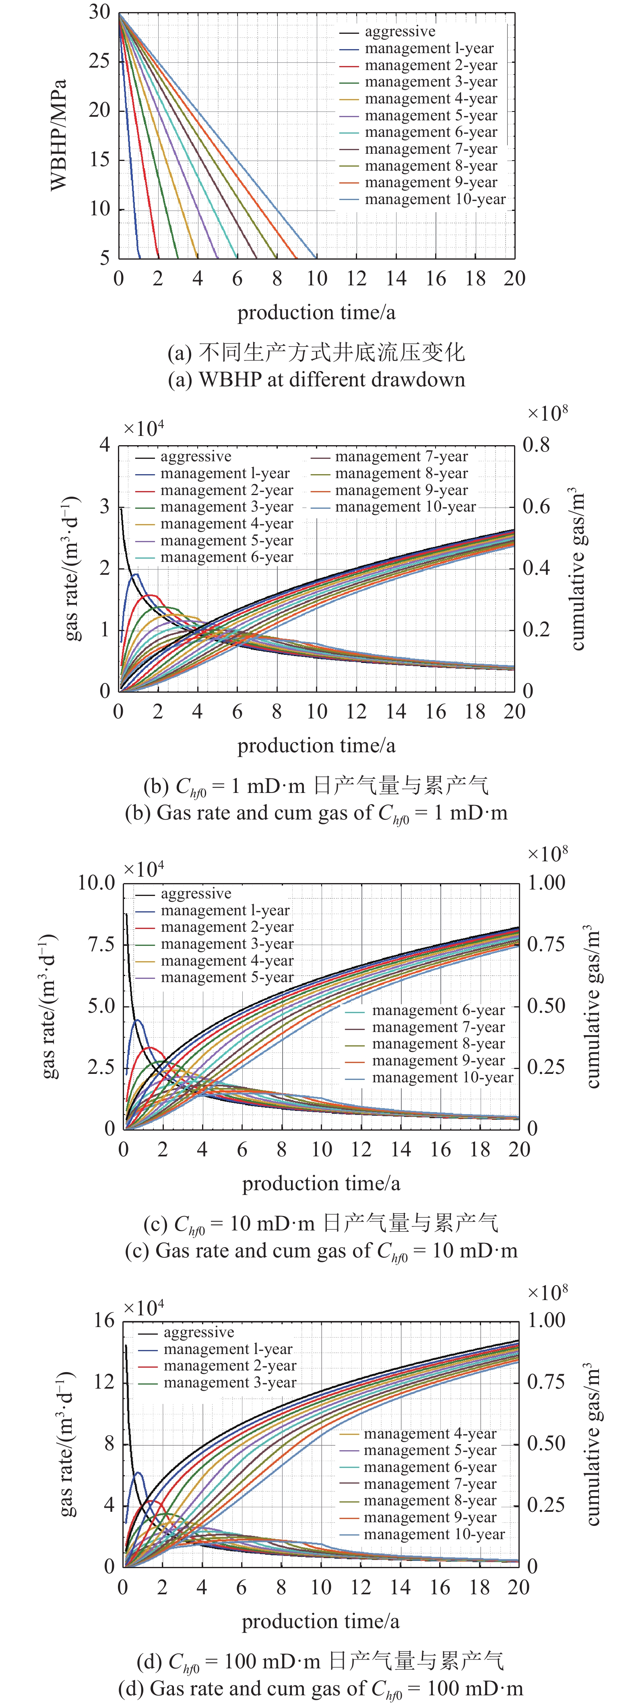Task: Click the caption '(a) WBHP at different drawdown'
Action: click(x=316, y=380)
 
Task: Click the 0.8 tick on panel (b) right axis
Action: click(x=536, y=445)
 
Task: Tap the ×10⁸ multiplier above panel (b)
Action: click(x=547, y=413)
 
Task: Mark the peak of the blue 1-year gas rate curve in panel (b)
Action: click(x=135, y=574)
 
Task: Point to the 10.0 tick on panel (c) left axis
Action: click(x=97, y=883)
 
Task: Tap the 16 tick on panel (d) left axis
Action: click(x=104, y=1321)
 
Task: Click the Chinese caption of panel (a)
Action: click(x=316, y=353)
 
